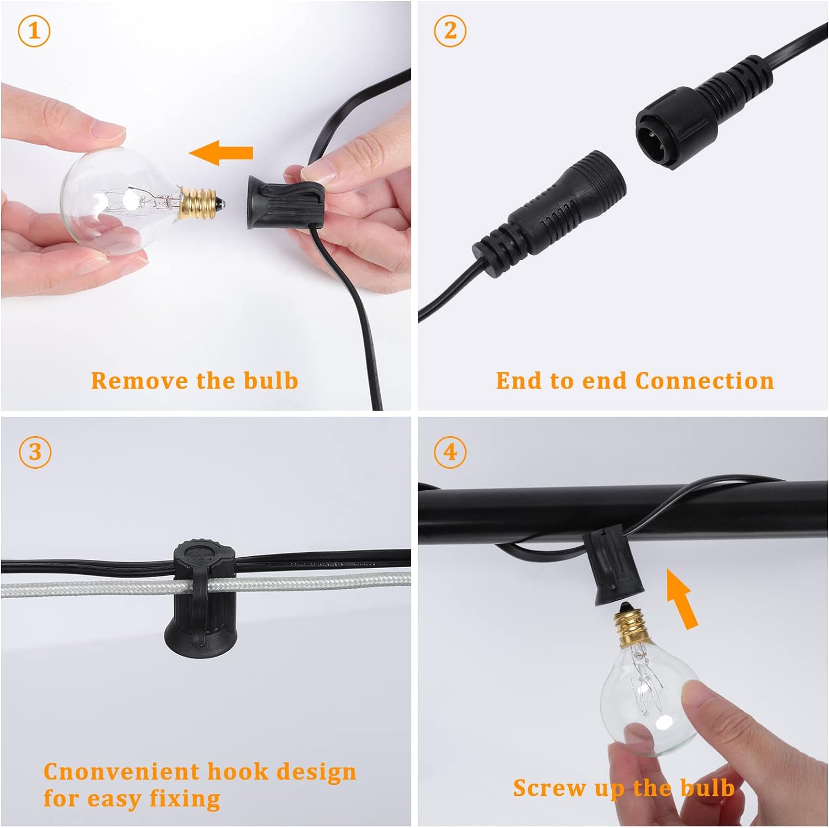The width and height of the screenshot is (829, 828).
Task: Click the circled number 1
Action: (34, 31)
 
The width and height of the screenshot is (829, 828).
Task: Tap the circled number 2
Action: (450, 31)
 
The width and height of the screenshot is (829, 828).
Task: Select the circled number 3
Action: (35, 452)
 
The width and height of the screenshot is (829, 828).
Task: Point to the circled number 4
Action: (450, 452)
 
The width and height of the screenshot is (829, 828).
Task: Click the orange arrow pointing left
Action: (221, 153)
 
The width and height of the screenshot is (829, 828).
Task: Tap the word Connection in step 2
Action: (705, 381)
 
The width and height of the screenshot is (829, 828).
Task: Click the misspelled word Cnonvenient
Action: (122, 772)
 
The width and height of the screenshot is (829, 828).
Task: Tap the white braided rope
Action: (206, 583)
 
